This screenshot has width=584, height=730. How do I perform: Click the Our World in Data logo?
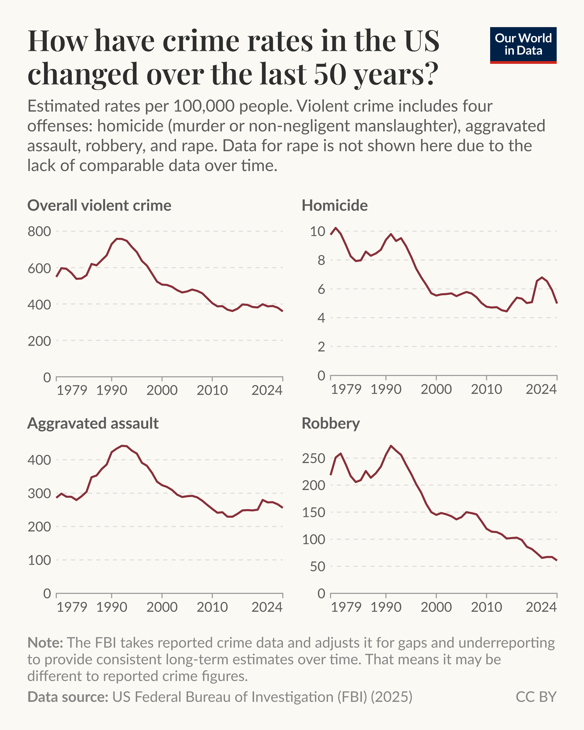point(523,45)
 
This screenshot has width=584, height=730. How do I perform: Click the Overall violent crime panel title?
point(99,205)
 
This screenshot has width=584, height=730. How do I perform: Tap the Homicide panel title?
point(334,205)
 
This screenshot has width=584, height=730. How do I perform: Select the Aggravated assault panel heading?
point(93,423)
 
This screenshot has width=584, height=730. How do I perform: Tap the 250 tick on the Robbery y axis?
point(313,458)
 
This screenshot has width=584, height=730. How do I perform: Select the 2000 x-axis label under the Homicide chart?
point(436,390)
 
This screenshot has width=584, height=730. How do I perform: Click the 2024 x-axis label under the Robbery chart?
point(541,607)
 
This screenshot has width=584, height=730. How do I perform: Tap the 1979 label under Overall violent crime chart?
point(72,390)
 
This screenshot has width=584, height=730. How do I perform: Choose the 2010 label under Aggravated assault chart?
point(212,607)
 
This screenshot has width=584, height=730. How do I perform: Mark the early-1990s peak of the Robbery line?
point(391,446)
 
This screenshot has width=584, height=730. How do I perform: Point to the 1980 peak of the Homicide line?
point(336,228)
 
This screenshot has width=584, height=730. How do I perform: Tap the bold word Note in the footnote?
point(45,643)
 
